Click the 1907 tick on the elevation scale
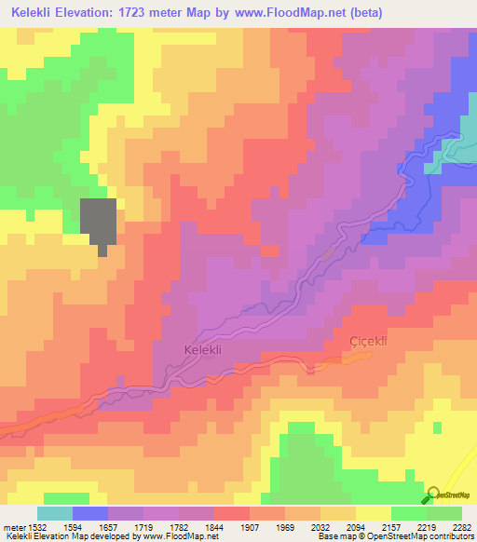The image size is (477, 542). pyautogui.click(x=251, y=526)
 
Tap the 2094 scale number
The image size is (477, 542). pyautogui.click(x=357, y=526)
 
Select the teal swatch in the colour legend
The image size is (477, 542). pyautogui.click(x=55, y=513)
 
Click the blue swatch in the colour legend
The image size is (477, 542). pyautogui.click(x=90, y=513)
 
